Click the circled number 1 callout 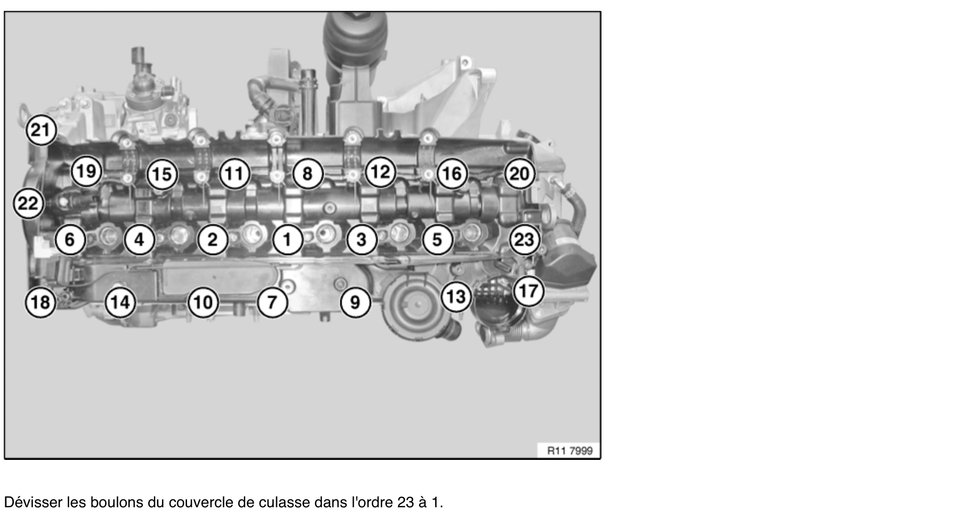287,240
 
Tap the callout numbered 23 524,240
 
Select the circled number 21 41,130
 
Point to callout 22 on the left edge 28,204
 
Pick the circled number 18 40,302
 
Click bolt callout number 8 307,174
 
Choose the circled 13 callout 456,297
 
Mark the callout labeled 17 528,290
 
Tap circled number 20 519,174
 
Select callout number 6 70,240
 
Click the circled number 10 203,302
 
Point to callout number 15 162,174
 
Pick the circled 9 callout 355,302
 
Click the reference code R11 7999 570,450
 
